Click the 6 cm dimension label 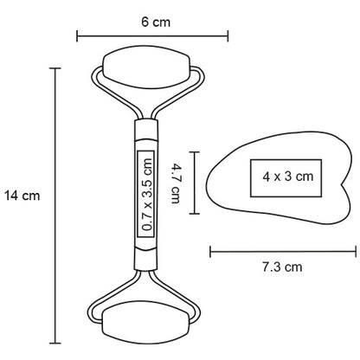click(156, 22)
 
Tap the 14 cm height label click(22, 196)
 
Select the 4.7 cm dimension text click(176, 183)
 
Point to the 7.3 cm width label click(282, 267)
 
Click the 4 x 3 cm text click(288, 177)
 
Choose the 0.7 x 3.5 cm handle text click(148, 194)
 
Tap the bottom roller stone click(146, 322)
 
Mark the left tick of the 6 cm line click(77, 36)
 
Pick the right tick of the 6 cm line click(228, 36)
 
